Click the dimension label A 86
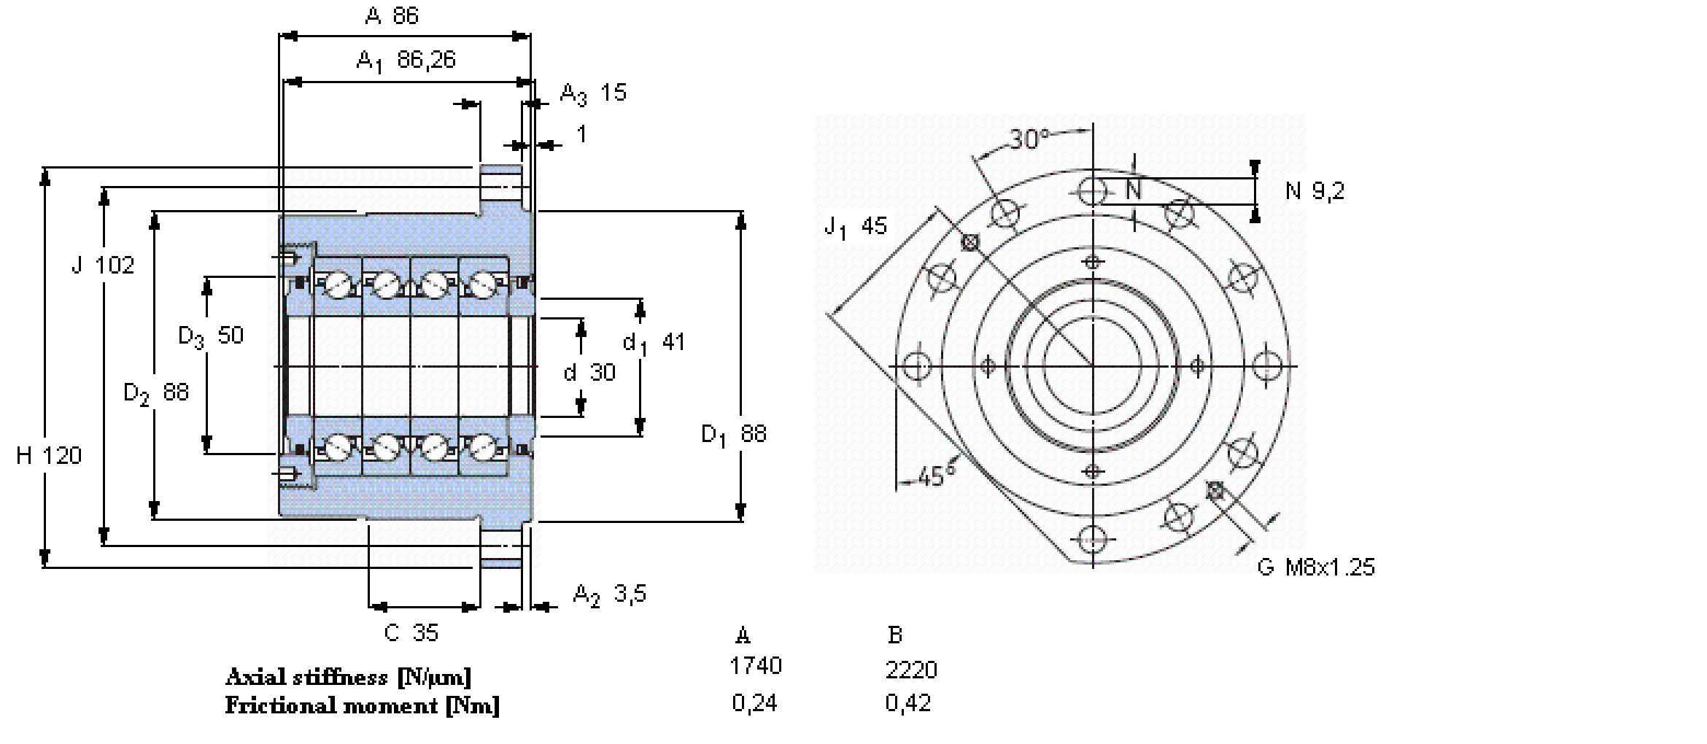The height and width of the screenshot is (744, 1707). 392,15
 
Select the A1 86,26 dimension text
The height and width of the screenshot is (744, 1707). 406,61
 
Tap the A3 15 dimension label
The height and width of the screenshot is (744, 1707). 592,93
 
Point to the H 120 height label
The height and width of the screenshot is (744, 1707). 48,456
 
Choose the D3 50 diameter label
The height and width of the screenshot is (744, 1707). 210,336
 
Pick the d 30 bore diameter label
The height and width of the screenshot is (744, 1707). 589,373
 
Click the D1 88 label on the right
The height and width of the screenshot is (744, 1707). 733,435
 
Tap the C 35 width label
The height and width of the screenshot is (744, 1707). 411,632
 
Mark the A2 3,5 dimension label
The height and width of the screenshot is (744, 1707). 609,594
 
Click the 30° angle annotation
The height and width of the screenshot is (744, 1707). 1029,139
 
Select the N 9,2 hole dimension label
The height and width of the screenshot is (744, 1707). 1315,191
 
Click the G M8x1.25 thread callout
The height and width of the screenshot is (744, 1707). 1316,567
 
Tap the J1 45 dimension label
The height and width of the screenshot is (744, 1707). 855,227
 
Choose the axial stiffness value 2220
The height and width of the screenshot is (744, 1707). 911,669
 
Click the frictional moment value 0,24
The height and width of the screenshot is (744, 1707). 754,703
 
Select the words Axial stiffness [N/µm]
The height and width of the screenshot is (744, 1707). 348,677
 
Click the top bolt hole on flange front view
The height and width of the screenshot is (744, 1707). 1092,191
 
